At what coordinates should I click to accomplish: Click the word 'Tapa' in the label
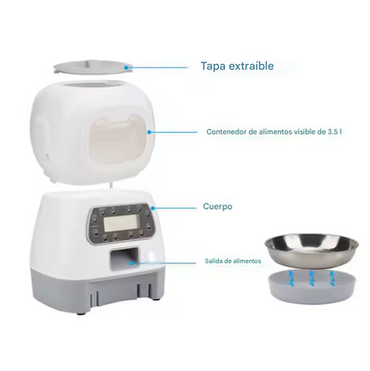(x=213, y=66)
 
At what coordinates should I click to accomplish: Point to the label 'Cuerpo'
(x=217, y=206)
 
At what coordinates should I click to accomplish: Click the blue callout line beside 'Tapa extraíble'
(x=159, y=65)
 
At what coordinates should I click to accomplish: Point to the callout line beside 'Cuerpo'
(x=173, y=206)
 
